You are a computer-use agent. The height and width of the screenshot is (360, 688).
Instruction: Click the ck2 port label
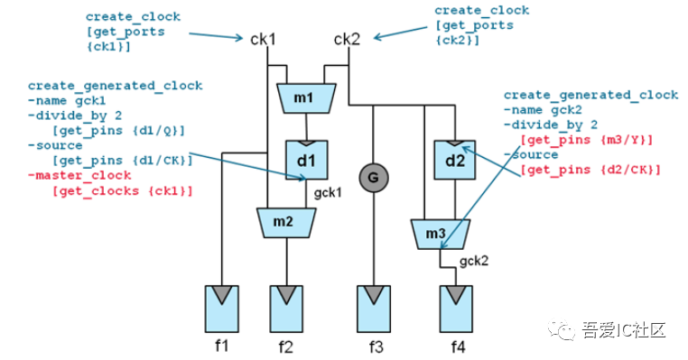tap(347, 39)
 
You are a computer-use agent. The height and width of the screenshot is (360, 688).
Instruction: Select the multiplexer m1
tap(306, 96)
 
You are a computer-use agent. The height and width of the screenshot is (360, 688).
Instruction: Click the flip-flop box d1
tap(306, 159)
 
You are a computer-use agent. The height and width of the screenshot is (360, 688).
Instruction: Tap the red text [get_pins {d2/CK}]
tap(590, 171)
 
